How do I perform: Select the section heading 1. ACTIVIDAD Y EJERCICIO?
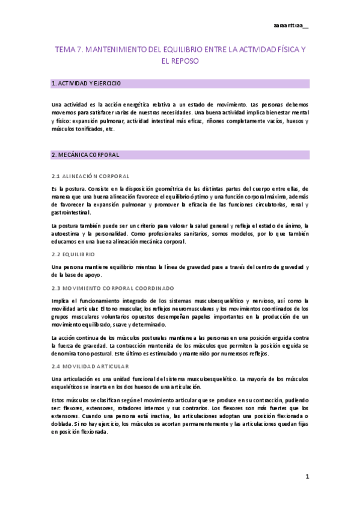tap(87, 83)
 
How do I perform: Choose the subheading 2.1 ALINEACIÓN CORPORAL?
tap(91, 176)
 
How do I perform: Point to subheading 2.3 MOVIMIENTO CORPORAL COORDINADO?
tap(112, 288)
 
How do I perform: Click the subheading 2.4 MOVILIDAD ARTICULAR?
tap(90, 366)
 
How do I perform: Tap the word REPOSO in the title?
tap(179, 61)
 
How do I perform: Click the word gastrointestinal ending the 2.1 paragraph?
tap(72, 212)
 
